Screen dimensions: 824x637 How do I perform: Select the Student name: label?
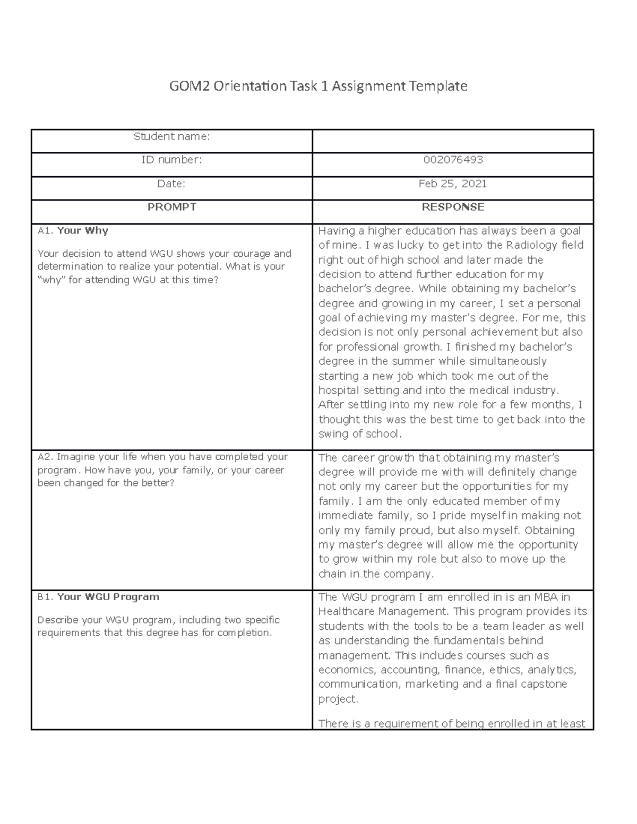[x=171, y=137]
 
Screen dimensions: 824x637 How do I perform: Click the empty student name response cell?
[x=452, y=141]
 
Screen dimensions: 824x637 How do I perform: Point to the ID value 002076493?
[x=453, y=160]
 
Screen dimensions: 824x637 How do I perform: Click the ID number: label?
[x=171, y=160]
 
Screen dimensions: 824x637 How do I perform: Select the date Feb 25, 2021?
[x=453, y=184]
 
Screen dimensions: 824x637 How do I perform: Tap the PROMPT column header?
[x=171, y=207]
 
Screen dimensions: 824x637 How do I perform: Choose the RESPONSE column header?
[x=453, y=207]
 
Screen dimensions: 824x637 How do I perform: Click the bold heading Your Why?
[x=82, y=231]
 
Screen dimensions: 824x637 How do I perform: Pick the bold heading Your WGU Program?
[x=108, y=597]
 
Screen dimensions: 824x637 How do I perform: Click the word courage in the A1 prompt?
[x=248, y=254]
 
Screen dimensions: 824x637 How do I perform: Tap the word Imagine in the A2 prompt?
[x=74, y=457]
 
